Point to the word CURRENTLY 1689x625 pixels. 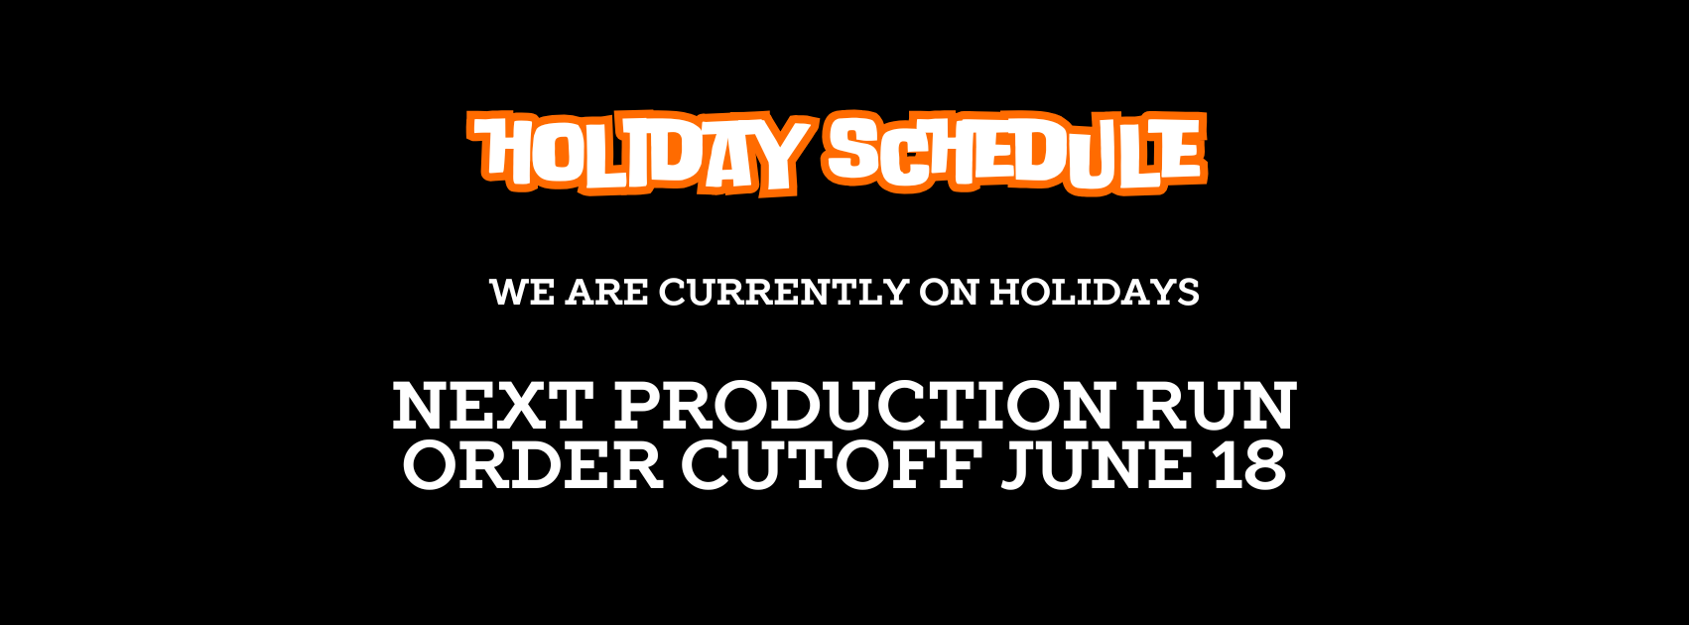coord(783,292)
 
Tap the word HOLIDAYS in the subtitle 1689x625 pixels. coord(1095,292)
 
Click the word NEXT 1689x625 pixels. coord(491,406)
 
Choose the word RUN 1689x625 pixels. coord(1217,406)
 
